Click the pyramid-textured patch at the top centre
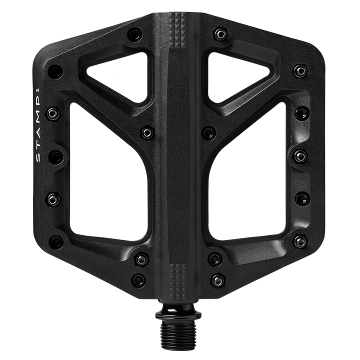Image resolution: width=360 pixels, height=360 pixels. pos(177,30)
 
